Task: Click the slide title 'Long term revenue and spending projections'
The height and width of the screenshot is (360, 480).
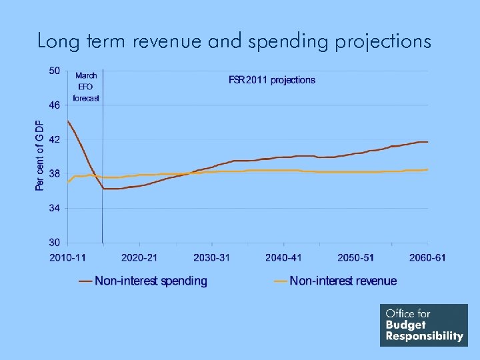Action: tap(234, 41)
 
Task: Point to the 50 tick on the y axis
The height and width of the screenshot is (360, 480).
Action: tap(54, 71)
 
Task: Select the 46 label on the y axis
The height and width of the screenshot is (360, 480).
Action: tap(54, 105)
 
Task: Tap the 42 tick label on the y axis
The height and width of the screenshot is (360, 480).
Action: tap(54, 140)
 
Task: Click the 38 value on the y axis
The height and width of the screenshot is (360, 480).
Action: tap(54, 174)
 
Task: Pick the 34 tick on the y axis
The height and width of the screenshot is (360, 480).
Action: tap(54, 209)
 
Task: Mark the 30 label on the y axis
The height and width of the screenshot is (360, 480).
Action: tap(54, 243)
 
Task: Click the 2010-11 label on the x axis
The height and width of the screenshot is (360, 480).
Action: tap(67, 257)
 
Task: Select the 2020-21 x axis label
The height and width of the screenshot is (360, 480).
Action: tap(139, 257)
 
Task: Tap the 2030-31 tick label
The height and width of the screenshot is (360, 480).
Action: tap(211, 257)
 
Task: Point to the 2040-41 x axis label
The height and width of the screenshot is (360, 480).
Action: tap(283, 257)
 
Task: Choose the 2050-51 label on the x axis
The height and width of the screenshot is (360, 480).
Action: tap(355, 257)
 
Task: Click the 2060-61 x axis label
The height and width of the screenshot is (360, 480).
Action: tap(427, 257)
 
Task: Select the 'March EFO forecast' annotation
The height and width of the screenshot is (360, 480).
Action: tap(86, 87)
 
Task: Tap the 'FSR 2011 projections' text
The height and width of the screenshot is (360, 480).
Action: tap(272, 80)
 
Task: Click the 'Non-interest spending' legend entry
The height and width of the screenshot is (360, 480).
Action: tap(151, 281)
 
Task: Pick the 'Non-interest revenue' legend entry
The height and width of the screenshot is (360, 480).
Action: tap(343, 281)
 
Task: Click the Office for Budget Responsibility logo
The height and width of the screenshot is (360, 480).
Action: tap(424, 325)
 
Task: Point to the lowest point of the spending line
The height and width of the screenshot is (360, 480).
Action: tap(111, 189)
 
